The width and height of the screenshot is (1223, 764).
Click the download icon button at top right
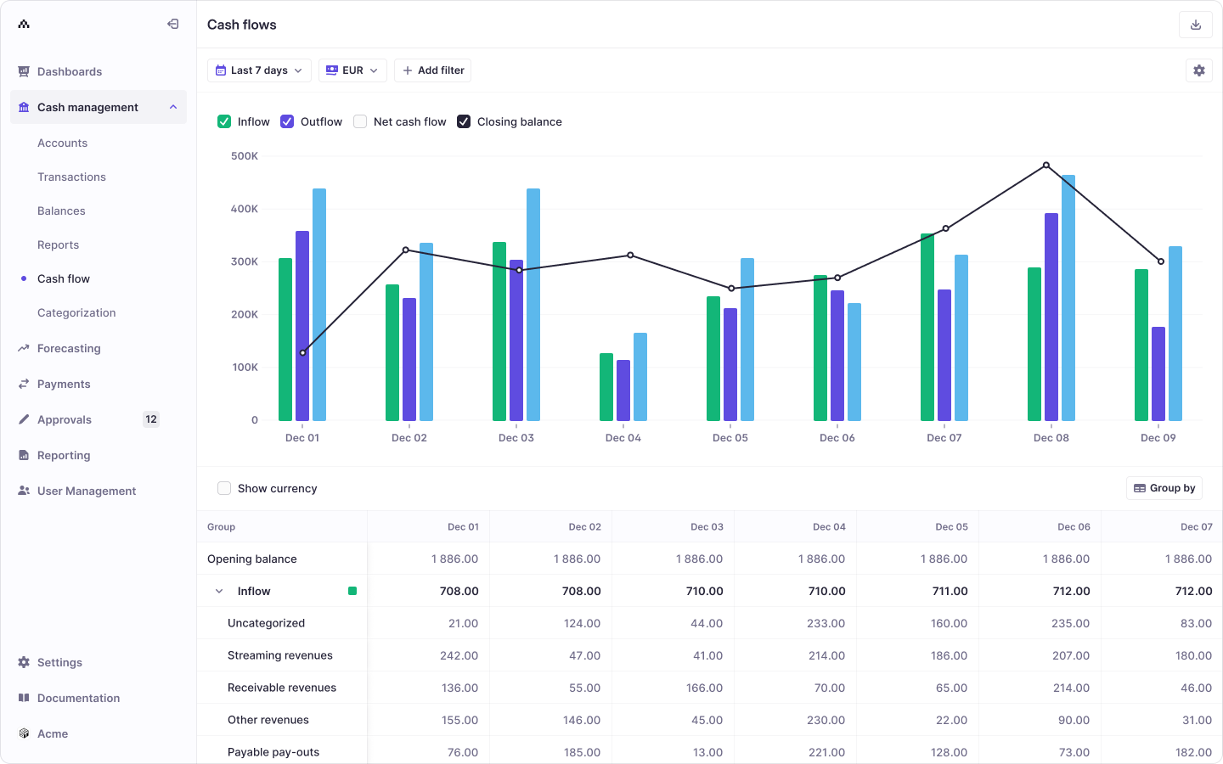1195,25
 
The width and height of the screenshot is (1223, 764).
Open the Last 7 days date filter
259,70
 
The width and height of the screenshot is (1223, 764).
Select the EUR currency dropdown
352,70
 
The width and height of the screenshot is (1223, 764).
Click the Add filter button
432,70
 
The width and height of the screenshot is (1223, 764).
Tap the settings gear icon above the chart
1198,70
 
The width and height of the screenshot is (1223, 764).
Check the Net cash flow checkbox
360,121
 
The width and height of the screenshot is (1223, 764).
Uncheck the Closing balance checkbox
464,121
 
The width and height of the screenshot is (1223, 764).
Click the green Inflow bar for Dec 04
606,387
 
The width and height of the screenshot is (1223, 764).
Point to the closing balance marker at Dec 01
303,352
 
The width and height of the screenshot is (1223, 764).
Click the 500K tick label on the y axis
245,156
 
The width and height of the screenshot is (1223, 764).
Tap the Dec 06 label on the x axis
837,438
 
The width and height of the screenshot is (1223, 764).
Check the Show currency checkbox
224,488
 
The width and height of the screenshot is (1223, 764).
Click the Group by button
1164,488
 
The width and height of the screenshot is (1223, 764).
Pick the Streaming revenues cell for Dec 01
459,655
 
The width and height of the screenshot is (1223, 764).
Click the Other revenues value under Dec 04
826,720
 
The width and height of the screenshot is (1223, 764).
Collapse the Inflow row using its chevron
219,592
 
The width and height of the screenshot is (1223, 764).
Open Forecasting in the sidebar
69,348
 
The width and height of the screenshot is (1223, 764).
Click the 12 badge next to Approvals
151,419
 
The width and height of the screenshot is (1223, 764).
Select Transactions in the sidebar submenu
71,177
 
